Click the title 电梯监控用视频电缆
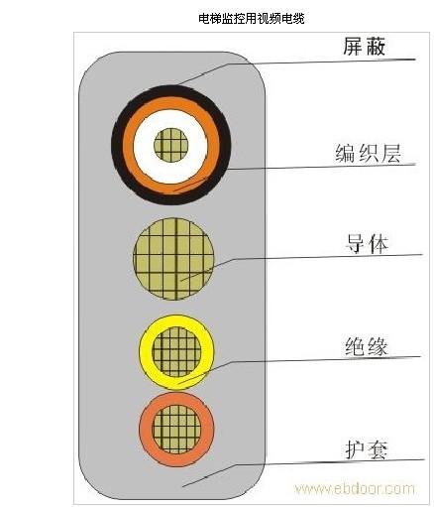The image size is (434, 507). [x=251, y=18]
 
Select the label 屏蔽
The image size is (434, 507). [x=364, y=46]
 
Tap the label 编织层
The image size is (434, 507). [x=368, y=154]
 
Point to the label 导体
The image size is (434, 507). [x=367, y=244]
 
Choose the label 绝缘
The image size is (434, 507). [x=366, y=346]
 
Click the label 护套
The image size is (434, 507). [x=366, y=449]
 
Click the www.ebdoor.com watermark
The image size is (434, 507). [x=355, y=488]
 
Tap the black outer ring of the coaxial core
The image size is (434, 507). [x=117, y=146]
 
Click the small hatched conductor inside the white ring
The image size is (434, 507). [x=171, y=145]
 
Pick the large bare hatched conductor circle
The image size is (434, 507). [x=173, y=259]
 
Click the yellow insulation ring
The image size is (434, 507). [x=146, y=352]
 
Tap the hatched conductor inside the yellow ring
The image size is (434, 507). [x=176, y=352]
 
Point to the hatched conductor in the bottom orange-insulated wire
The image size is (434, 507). [x=176, y=429]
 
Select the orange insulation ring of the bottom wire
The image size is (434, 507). [x=146, y=430]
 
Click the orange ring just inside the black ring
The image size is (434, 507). [x=128, y=146]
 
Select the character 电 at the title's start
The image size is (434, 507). [x=204, y=18]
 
